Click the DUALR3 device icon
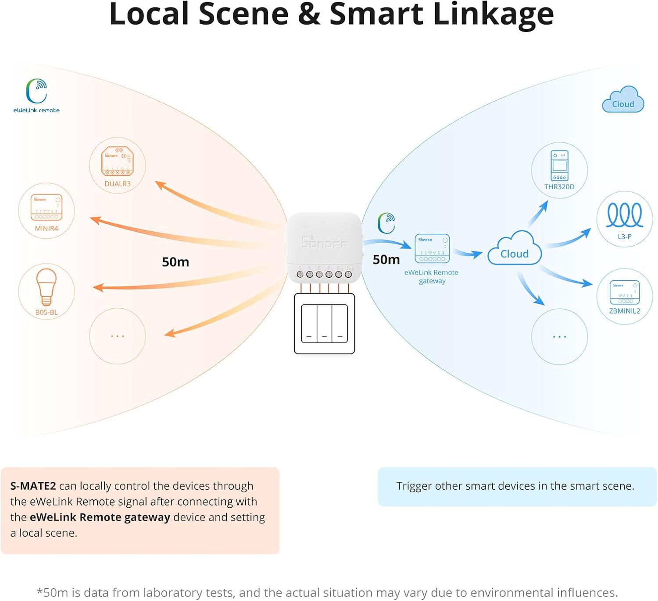pos(118,161)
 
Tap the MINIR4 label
pos(46,228)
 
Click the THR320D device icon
pos(559,166)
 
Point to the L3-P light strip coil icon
pos(625,215)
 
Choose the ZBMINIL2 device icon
pos(625,292)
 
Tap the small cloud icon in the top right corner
pos(623,99)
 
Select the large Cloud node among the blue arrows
pos(514,248)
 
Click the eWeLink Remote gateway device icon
pos(432,248)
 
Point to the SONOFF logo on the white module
pos(324,241)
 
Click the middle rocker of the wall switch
pos(325,324)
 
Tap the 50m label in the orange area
pos(175,262)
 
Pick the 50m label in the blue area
pos(386,259)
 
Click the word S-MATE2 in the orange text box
pos(33,486)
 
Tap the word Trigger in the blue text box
pos(414,486)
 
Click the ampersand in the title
pos(308,14)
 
